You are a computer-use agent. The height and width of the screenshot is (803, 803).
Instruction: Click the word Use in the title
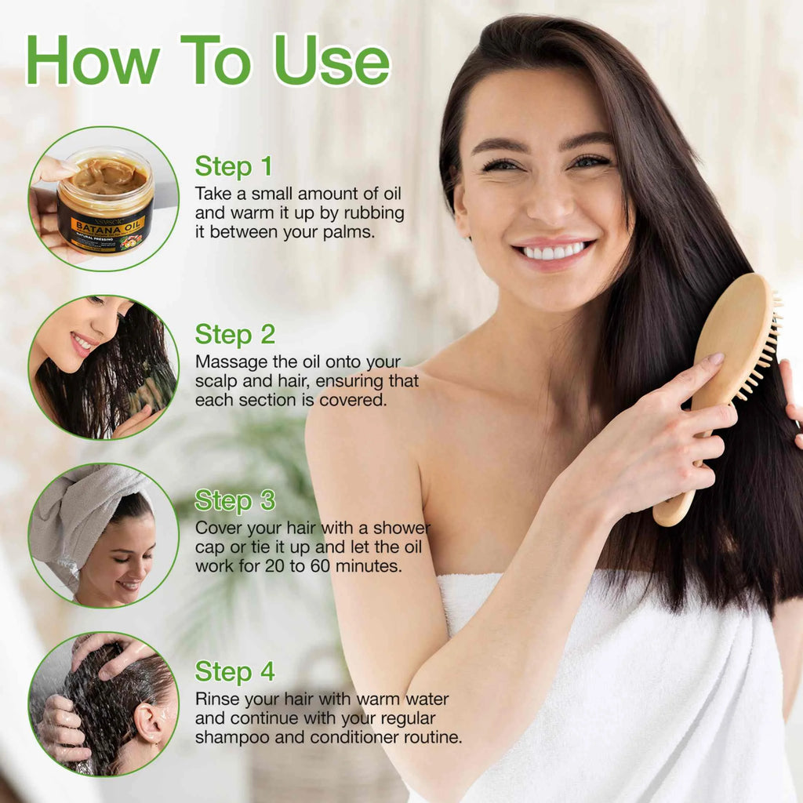tap(332, 60)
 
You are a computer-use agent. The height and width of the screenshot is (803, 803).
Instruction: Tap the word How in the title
tap(93, 60)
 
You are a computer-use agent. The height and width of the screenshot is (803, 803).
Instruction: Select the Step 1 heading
tap(234, 166)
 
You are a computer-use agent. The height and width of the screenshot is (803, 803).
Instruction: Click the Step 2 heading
tap(235, 334)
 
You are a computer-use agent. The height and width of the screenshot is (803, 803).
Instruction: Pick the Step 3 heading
tap(235, 500)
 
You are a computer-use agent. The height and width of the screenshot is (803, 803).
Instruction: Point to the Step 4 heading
tap(235, 671)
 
